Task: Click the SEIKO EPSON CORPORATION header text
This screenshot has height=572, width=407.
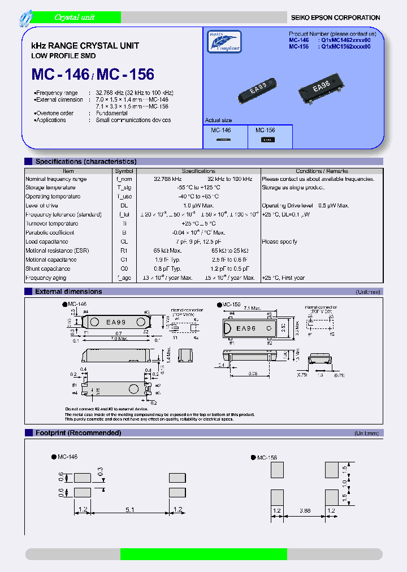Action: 335,18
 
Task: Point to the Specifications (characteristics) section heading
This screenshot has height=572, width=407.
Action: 85,162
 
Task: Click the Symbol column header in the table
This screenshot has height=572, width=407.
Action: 124,171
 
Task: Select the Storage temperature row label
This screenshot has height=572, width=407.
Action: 50,188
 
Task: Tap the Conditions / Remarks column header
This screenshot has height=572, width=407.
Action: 322,171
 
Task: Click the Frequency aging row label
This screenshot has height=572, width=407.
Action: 46,278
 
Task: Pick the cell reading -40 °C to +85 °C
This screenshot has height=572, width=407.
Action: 198,197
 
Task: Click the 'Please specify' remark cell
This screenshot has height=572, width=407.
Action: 279,242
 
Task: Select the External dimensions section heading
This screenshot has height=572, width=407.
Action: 68,292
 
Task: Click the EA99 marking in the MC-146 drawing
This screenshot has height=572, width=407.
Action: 116,322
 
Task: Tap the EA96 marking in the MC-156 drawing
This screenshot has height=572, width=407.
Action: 246,328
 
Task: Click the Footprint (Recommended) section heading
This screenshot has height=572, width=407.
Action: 78,433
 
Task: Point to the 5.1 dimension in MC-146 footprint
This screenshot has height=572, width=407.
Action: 129,510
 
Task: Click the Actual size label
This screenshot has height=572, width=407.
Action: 218,120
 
